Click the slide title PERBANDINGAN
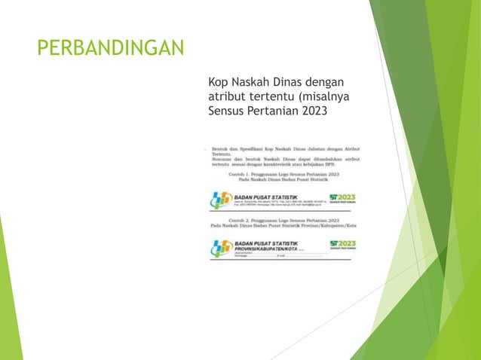(x=111, y=49)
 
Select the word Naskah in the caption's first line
(x=258, y=81)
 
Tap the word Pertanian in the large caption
(x=274, y=112)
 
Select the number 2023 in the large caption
(x=315, y=112)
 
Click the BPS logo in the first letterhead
(x=221, y=202)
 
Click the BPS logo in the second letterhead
(x=221, y=248)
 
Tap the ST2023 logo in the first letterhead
(x=342, y=200)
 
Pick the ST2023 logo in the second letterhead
(x=342, y=246)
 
